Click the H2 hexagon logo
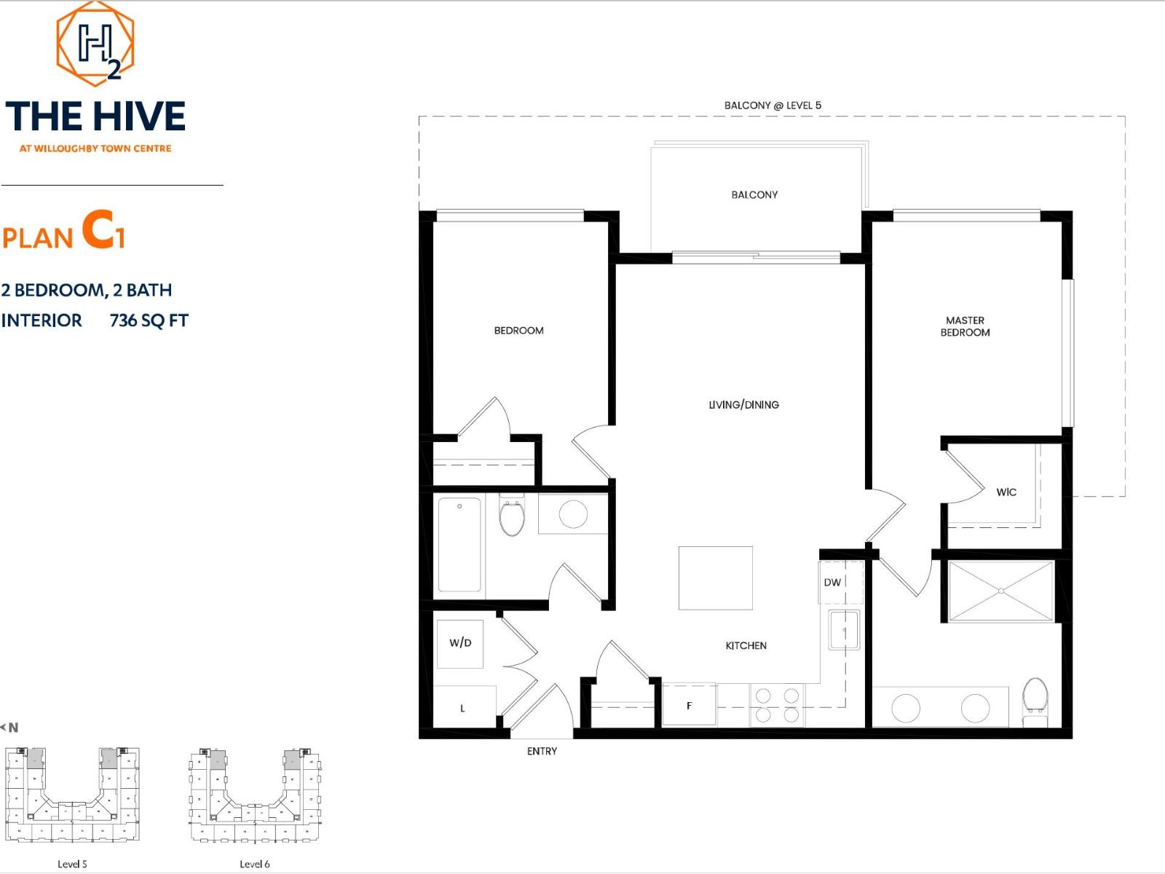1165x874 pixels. [x=95, y=42]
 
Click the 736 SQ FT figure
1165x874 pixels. [x=149, y=320]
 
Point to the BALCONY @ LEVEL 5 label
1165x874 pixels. [x=772, y=106]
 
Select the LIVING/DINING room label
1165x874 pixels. [x=743, y=405]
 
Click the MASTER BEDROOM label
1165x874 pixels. [x=965, y=326]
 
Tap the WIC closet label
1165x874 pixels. [x=1006, y=492]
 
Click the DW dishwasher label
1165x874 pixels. [x=832, y=583]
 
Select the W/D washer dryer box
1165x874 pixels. [x=460, y=643]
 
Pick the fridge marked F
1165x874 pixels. [x=689, y=705]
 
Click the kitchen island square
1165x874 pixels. [x=715, y=578]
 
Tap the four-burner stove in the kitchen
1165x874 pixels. [x=777, y=705]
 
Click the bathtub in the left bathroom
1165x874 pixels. [x=459, y=544]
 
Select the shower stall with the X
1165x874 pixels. [x=1001, y=591]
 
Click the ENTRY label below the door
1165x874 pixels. [x=542, y=752]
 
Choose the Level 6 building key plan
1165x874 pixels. [x=255, y=795]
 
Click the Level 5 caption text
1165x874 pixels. [x=72, y=865]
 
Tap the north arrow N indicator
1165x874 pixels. [x=10, y=728]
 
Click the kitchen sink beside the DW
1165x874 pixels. [x=844, y=630]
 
